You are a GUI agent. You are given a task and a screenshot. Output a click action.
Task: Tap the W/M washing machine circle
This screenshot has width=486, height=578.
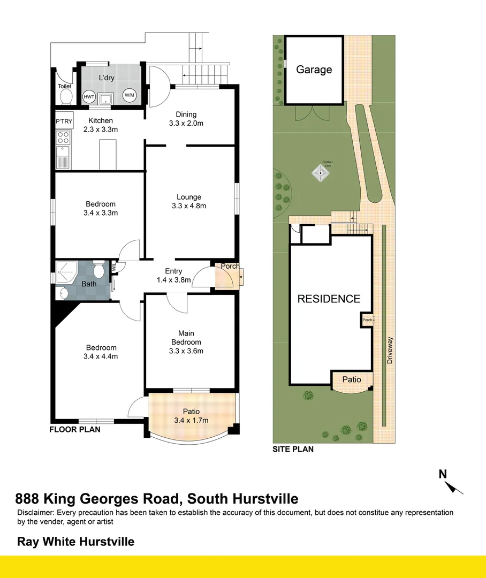130,95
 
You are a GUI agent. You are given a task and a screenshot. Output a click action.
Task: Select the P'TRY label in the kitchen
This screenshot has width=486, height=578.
64,122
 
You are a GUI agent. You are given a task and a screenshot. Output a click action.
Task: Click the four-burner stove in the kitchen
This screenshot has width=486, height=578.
64,138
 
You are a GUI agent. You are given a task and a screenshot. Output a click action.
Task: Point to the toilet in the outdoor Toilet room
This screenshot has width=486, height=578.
66,96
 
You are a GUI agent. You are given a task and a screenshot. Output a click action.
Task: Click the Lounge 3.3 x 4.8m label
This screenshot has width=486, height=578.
189,201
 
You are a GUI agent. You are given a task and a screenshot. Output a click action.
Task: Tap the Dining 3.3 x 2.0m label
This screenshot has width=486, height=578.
186,118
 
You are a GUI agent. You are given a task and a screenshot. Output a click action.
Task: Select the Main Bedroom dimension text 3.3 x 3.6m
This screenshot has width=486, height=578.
186,351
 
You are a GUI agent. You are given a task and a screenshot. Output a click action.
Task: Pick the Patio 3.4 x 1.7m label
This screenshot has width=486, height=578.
191,415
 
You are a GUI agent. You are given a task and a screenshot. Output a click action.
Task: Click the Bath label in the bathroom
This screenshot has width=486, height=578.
89,284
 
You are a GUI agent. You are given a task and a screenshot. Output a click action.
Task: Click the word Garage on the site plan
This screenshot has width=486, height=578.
314,70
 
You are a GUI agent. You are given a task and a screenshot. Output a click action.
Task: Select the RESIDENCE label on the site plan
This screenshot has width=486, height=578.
329,299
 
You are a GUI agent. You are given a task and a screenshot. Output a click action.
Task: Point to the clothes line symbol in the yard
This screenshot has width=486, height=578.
321,173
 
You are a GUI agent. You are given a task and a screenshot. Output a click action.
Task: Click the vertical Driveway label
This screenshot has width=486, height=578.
390,351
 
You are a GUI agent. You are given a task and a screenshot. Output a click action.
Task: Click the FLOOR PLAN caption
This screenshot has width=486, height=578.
74,429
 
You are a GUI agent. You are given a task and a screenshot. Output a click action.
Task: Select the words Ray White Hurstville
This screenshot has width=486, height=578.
75,542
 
